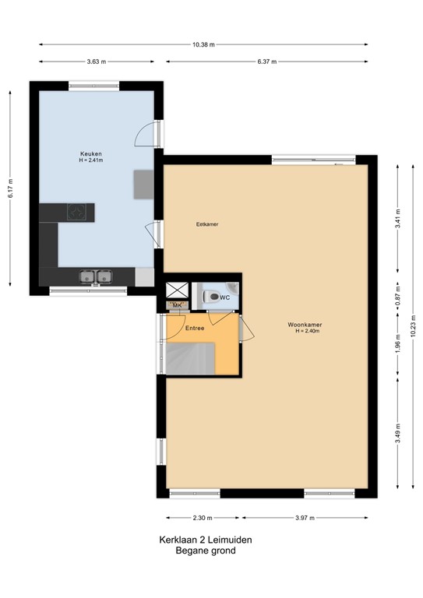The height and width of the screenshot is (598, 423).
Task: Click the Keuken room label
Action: (x=90, y=154)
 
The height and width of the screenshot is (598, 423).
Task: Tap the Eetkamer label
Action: (x=207, y=224)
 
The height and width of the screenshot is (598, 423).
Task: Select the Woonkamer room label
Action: (x=305, y=325)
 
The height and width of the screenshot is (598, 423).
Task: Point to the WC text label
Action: (x=224, y=297)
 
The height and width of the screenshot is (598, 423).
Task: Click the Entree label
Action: (x=195, y=328)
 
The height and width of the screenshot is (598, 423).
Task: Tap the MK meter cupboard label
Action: (x=177, y=305)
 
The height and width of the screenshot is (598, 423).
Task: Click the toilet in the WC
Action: (x=210, y=296)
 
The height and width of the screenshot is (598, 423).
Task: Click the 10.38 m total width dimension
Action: (x=203, y=44)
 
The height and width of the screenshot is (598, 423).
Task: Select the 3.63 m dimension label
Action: (x=97, y=61)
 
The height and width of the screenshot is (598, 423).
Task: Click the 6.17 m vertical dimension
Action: (x=11, y=188)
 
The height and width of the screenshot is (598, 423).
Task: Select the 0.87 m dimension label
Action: (x=397, y=297)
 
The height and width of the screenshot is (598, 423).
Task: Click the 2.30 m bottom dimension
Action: (x=204, y=517)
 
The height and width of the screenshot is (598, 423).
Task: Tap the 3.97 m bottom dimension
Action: (x=305, y=517)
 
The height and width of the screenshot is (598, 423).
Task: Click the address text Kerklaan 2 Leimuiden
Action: (x=206, y=540)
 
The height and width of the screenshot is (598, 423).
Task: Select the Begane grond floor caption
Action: (x=206, y=551)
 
